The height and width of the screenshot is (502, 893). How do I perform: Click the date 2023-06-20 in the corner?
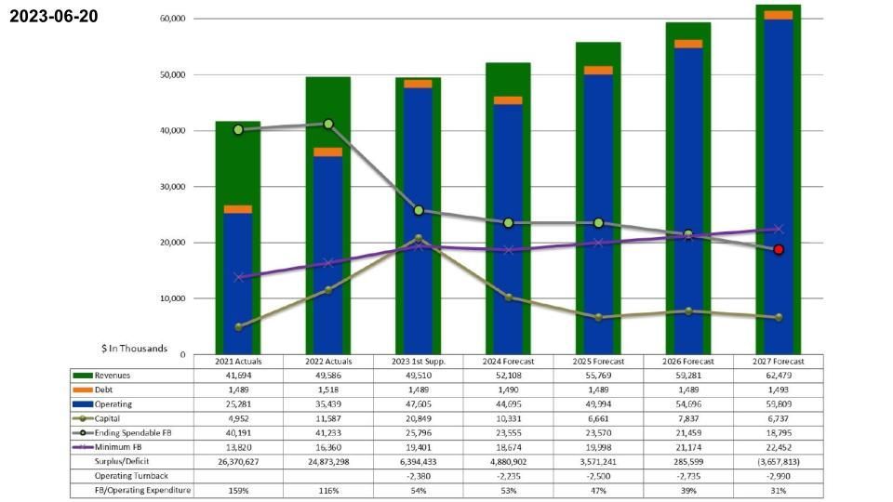pyautogui.click(x=54, y=17)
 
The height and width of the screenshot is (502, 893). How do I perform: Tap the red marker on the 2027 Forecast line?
pyautogui.click(x=779, y=249)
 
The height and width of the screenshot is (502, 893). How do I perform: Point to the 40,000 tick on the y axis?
pyautogui.click(x=173, y=131)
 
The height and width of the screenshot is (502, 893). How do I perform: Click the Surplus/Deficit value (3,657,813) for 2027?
pyautogui.click(x=779, y=461)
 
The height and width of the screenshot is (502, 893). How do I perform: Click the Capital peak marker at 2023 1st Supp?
pyautogui.click(x=418, y=239)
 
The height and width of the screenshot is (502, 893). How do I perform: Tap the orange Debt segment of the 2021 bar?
pyautogui.click(x=237, y=209)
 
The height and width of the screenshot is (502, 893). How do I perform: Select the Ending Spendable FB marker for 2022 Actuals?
pyautogui.click(x=327, y=124)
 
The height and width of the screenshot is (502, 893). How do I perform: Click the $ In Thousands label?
pyautogui.click(x=135, y=349)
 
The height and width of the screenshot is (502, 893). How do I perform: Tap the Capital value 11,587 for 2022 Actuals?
pyautogui.click(x=327, y=418)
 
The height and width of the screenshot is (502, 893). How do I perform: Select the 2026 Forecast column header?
pyautogui.click(x=688, y=361)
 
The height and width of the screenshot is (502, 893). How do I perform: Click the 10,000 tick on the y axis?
pyautogui.click(x=173, y=298)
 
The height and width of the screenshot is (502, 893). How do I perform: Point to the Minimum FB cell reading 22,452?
pyautogui.click(x=779, y=447)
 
